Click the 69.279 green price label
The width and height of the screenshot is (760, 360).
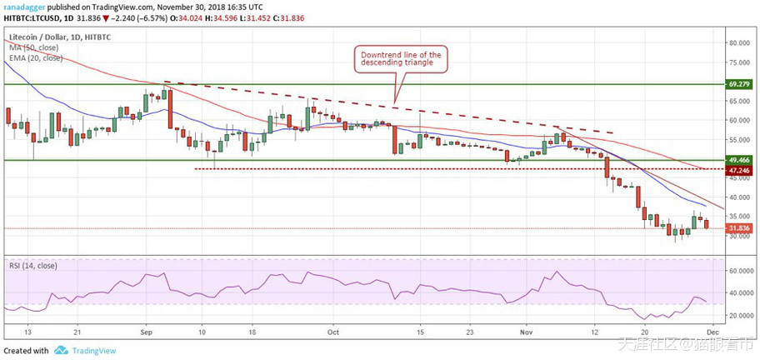click(x=739, y=84)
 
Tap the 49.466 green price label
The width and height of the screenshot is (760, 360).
click(x=739, y=159)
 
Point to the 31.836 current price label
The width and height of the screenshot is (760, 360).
click(x=739, y=228)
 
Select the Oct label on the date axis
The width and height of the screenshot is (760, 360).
click(x=332, y=330)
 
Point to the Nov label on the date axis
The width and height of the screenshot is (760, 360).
click(x=527, y=330)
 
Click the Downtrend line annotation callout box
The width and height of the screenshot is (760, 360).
click(x=399, y=59)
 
